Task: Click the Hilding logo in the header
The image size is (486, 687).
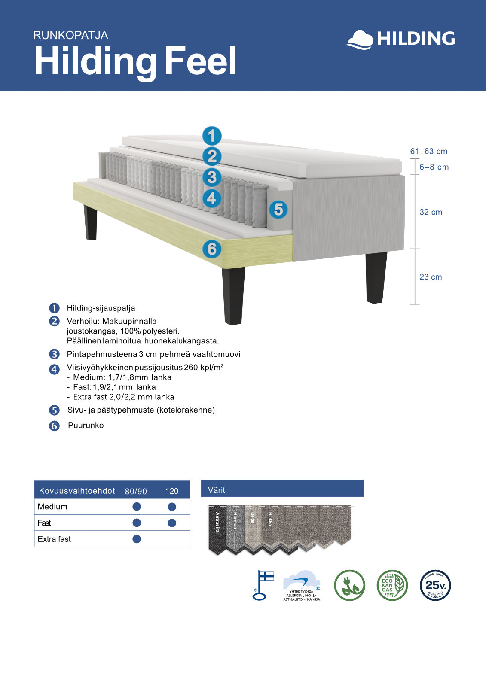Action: pos(400,39)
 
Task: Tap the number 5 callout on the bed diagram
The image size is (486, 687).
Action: pos(278,210)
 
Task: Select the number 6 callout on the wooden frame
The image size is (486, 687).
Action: pos(212,249)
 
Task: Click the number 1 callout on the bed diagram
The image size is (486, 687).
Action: pos(212,136)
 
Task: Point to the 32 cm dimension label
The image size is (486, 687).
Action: pos(431,212)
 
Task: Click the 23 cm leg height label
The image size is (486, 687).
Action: pos(431,277)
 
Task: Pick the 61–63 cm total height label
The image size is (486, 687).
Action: pos(428,151)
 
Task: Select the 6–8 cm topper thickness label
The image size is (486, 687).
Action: pos(434,167)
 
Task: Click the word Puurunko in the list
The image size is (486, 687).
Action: pos(86,426)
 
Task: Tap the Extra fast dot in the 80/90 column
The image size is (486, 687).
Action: pos(137,539)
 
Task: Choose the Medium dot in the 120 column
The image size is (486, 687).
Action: pos(172,507)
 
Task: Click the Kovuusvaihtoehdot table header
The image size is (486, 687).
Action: pos(77,491)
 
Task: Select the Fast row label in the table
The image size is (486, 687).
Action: pos(44,523)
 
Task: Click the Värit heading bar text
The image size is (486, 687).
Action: pos(217,490)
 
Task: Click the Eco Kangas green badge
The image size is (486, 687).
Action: pos(392,585)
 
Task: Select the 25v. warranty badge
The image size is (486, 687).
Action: pos(435,585)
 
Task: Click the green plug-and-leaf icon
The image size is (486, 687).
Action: pos(349,585)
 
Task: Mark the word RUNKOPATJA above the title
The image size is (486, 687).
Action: pos(70,35)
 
